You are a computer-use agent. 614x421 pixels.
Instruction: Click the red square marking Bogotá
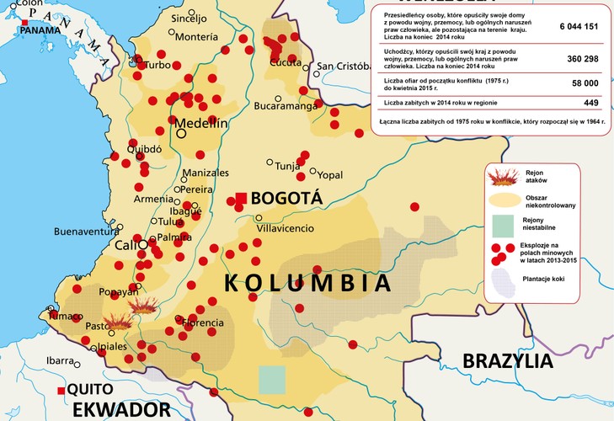pyautogui.click(x=242, y=199)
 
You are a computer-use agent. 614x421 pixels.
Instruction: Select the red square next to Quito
pyautogui.click(x=61, y=392)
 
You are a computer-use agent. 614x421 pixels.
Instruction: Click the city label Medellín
pyautogui.click(x=202, y=123)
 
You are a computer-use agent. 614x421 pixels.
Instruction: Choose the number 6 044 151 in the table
pyautogui.click(x=579, y=27)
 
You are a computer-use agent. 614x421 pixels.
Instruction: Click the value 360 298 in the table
pyautogui.click(x=579, y=59)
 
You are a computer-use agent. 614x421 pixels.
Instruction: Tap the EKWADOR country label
pyautogui.click(x=121, y=410)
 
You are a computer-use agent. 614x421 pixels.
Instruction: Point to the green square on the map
pyautogui.click(x=272, y=380)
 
